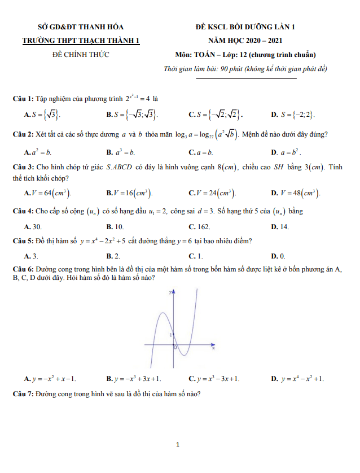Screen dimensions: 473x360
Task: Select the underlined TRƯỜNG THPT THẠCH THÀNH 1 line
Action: point(80,41)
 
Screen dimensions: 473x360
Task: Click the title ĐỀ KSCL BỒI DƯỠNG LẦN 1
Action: point(245,27)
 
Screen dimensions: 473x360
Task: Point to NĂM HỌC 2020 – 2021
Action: point(245,41)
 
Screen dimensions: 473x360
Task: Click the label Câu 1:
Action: point(24,98)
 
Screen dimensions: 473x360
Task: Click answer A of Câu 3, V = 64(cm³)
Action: point(47,194)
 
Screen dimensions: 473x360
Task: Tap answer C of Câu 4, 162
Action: point(200,226)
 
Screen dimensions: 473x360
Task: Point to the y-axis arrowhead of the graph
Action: point(173,293)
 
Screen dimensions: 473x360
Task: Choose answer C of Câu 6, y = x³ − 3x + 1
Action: point(214,378)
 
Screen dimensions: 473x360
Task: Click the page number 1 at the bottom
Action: point(178,445)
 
